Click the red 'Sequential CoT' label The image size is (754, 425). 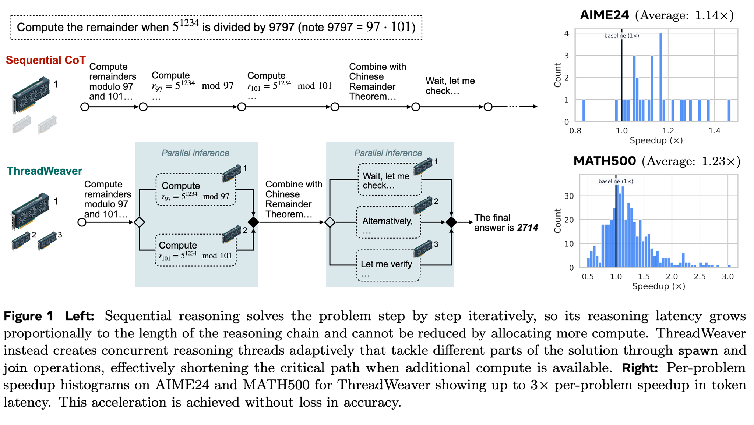coord(46,60)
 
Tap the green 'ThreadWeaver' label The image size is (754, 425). coord(45,171)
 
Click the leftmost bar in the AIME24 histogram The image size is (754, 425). coord(584,110)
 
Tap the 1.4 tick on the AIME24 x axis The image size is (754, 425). coord(714,131)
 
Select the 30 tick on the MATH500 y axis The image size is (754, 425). coord(569,196)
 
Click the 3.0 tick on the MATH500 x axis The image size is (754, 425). coord(727,277)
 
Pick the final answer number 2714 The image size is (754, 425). coord(527,228)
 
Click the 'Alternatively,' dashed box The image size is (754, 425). coord(388,222)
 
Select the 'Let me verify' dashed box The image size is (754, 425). coord(388,265)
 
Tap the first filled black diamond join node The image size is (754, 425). coord(253,222)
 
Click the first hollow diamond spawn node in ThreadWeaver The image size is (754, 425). coord(139,222)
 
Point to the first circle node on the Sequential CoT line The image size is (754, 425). coord(85,107)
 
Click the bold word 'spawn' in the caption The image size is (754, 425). coord(698,350)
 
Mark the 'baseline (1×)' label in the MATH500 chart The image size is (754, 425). coord(616,181)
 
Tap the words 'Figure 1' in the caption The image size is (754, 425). coord(28,316)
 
